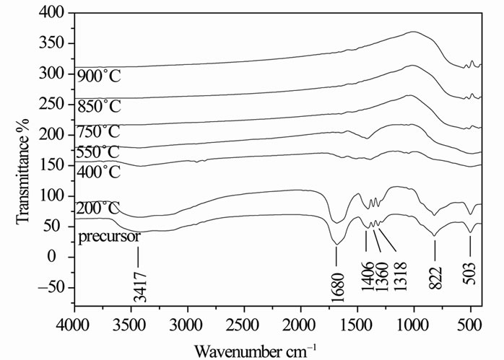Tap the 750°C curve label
click(x=98, y=131)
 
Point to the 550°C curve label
click(x=98, y=152)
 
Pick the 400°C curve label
click(x=98, y=172)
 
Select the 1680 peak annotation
click(x=336, y=275)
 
